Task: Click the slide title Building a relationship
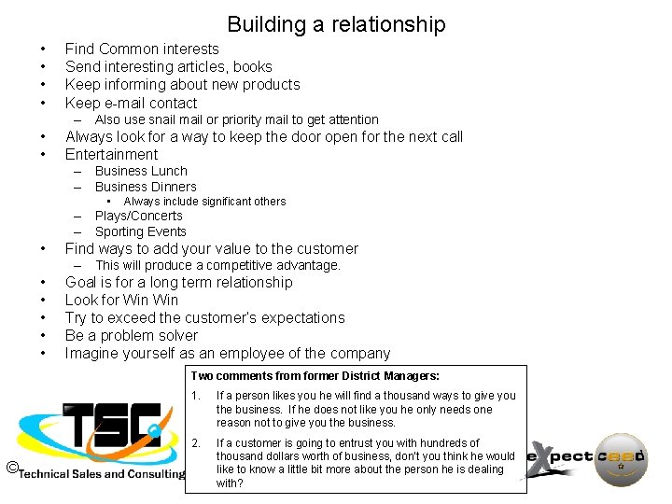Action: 336,24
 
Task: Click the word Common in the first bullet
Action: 131,49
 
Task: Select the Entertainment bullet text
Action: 111,154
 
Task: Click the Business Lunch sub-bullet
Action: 141,171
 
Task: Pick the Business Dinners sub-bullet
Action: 146,186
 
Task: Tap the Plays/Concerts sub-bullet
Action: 139,216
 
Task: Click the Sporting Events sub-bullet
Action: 141,231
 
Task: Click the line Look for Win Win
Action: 121,300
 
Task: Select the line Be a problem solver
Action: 131,335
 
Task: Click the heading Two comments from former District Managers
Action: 315,375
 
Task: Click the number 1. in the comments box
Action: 195,396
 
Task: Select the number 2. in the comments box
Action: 195,443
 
